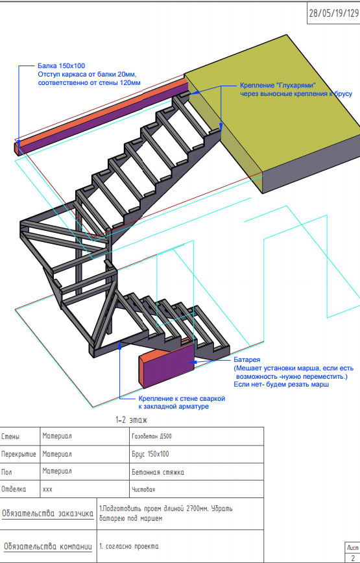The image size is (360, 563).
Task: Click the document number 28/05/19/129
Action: [x=334, y=13]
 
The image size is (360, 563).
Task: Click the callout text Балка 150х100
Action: [x=62, y=66]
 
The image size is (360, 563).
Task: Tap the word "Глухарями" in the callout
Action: [x=296, y=86]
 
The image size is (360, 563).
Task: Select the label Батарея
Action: [x=247, y=359]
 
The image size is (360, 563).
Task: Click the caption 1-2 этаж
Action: [x=132, y=420]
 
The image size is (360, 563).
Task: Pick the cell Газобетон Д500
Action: [x=152, y=437]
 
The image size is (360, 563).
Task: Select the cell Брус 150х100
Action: [x=150, y=454]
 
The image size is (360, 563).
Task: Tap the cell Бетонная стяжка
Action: [x=158, y=472]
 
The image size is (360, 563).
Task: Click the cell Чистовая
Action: [x=143, y=490]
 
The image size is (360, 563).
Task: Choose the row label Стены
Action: [x=10, y=437]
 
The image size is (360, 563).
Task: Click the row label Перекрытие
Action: [x=19, y=454]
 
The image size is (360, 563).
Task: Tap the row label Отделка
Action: [x=14, y=489]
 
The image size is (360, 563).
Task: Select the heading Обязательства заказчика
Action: [x=48, y=514]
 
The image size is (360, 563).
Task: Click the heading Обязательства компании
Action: [x=48, y=547]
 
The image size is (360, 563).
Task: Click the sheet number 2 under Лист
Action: [x=353, y=558]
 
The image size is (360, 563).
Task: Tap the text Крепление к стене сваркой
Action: [x=182, y=398]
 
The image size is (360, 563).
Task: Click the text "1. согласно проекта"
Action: [x=129, y=547]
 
